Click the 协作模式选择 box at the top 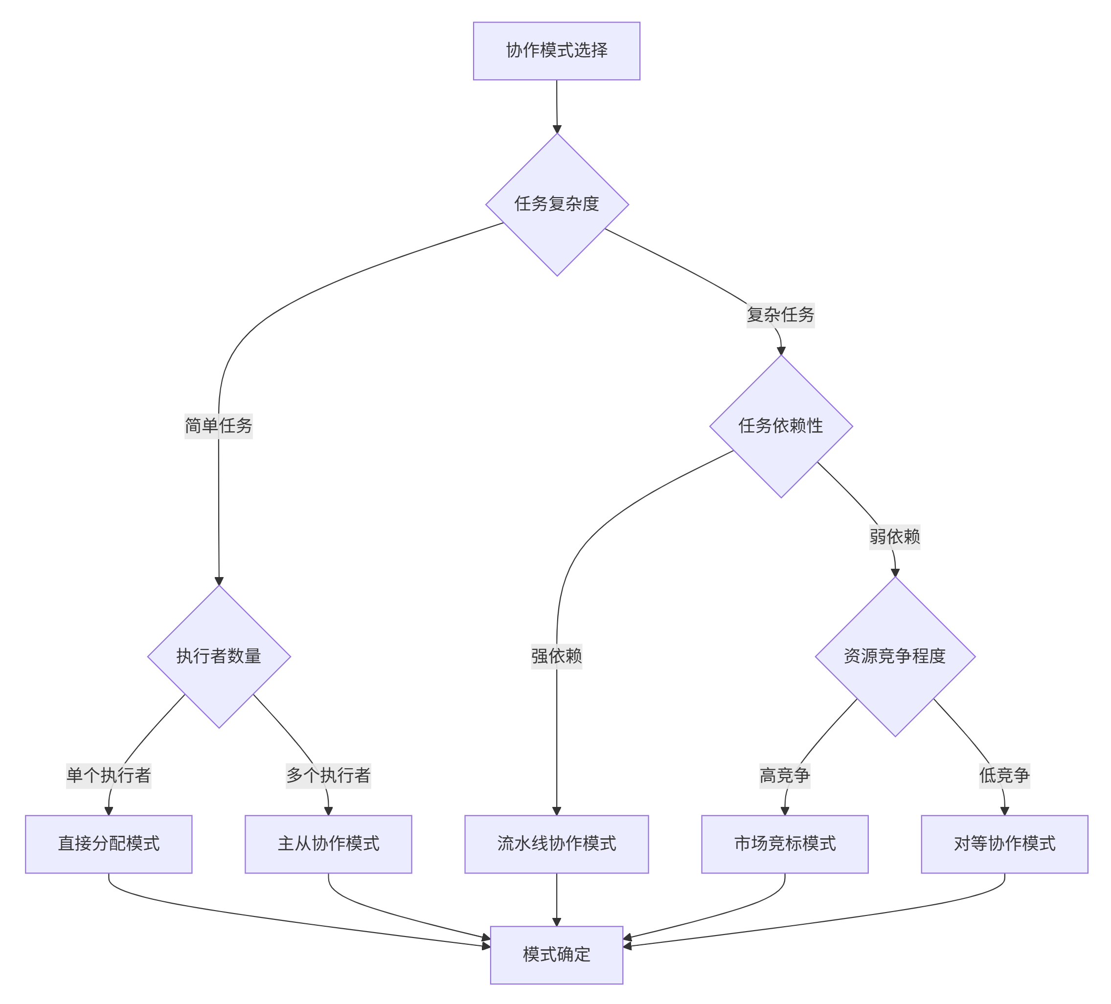tap(557, 51)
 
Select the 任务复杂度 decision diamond tap(557, 204)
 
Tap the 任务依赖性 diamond tap(781, 426)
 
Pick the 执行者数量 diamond tap(219, 656)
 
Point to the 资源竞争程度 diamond tap(895, 656)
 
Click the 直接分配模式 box tap(109, 844)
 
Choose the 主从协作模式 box tap(328, 844)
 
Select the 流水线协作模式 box tap(557, 844)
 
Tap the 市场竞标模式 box tap(785, 844)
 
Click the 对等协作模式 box tap(1005, 844)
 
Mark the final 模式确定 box tap(557, 955)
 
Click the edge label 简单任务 tap(219, 426)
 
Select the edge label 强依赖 tap(557, 656)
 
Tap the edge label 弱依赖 tap(895, 536)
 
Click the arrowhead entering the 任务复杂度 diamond tap(557, 129)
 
